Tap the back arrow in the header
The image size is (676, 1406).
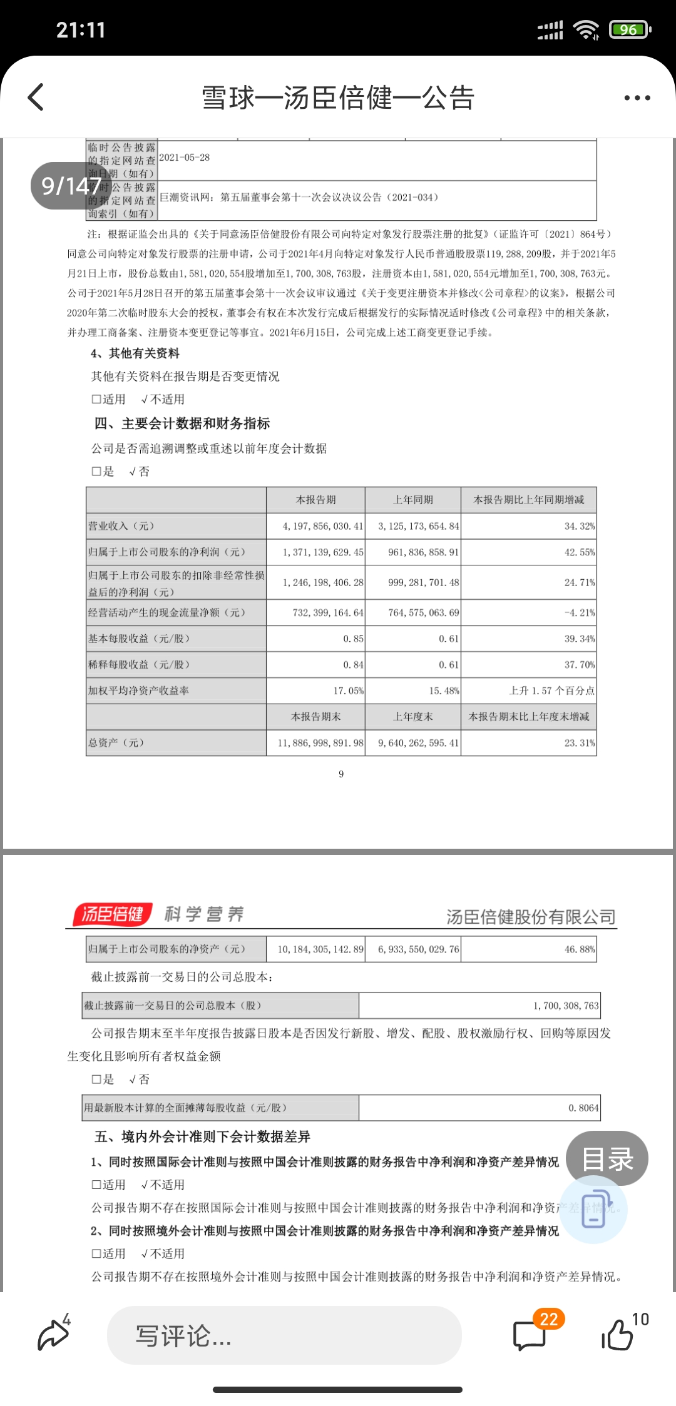(x=36, y=98)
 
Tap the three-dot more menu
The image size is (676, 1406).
(x=637, y=98)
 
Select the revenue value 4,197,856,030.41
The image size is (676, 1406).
(x=322, y=527)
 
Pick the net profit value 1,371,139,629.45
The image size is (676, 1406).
(x=322, y=552)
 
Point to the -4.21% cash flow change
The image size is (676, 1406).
(x=579, y=613)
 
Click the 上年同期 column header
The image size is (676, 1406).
(x=413, y=500)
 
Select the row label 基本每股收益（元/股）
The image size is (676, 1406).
(x=139, y=639)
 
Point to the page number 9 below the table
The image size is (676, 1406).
(x=341, y=774)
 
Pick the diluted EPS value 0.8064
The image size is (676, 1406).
(x=583, y=1108)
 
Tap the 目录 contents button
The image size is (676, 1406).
(x=607, y=1159)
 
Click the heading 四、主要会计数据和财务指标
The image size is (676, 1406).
(x=182, y=424)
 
